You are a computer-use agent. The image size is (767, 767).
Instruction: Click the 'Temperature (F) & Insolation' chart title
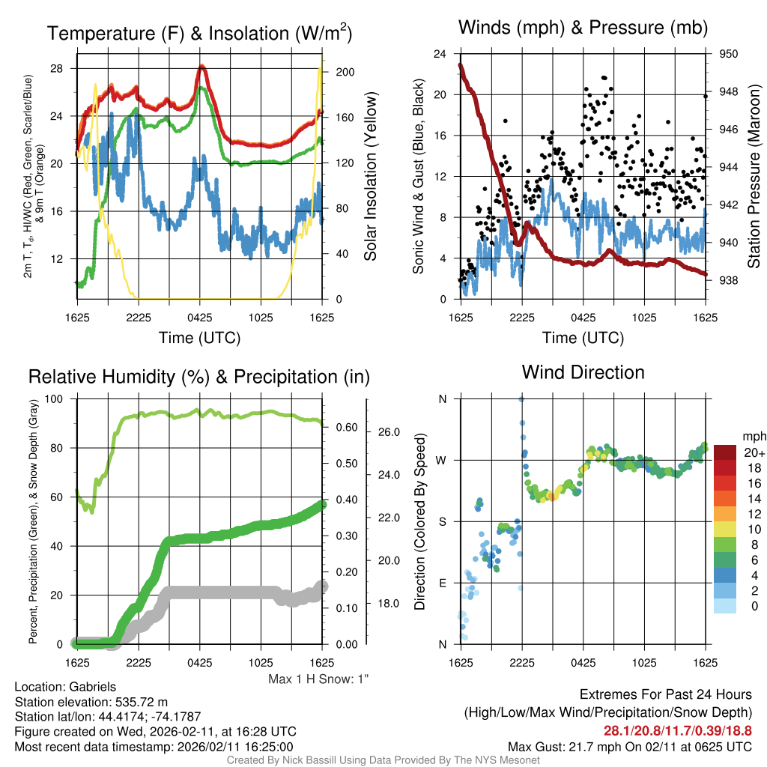(x=198, y=33)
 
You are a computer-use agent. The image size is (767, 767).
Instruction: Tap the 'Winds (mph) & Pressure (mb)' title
(x=583, y=28)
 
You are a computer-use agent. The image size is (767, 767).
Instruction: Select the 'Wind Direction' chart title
(x=583, y=372)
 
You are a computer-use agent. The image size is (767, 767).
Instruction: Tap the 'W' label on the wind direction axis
(x=442, y=460)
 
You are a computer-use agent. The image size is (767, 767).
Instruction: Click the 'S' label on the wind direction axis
(x=442, y=521)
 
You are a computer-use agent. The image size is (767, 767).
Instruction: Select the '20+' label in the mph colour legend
(x=754, y=452)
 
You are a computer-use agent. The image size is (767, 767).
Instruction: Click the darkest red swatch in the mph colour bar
(x=726, y=452)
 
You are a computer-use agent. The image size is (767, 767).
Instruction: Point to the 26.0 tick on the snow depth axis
(x=387, y=432)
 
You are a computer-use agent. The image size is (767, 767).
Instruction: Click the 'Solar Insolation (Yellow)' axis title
(x=370, y=177)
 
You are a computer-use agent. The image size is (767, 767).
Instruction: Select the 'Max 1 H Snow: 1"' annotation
(x=319, y=679)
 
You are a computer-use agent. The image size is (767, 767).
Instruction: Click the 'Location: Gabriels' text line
(x=65, y=687)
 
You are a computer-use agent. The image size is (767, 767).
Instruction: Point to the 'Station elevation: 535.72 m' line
(x=90, y=702)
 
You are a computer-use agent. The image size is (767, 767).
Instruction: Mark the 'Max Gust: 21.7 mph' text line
(x=630, y=746)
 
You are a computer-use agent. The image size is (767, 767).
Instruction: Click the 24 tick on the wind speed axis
(x=440, y=54)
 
